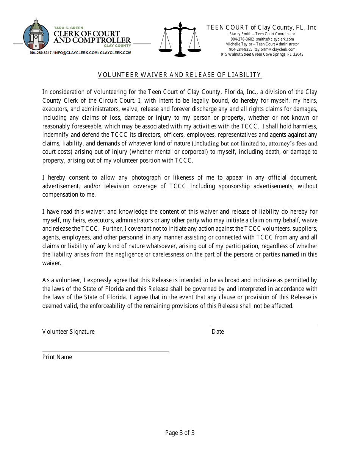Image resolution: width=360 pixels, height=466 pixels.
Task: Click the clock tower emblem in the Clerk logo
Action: [x=36, y=35]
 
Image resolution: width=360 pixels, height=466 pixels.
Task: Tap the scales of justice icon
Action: [x=180, y=39]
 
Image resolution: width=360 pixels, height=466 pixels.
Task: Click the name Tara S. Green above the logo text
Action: [x=66, y=28]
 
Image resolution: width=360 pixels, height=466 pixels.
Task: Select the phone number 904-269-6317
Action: [x=41, y=53]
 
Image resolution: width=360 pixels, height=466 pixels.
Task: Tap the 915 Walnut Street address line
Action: [x=262, y=55]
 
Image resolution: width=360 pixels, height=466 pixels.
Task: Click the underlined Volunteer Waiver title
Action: [x=180, y=75]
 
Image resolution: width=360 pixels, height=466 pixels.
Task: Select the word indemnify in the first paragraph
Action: [x=55, y=135]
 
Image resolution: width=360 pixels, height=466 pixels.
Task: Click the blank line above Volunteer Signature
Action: [x=106, y=325]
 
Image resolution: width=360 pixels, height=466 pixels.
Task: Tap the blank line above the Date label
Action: [x=265, y=325]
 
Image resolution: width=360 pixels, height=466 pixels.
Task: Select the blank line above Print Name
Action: [x=106, y=351]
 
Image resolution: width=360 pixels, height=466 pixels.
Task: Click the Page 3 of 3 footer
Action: [x=180, y=433]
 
